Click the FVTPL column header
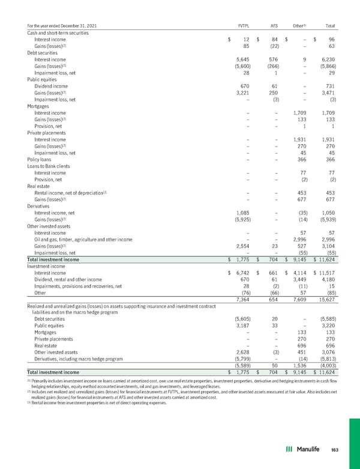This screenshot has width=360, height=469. pos(244,26)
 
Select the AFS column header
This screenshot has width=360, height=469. pos(275,26)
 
